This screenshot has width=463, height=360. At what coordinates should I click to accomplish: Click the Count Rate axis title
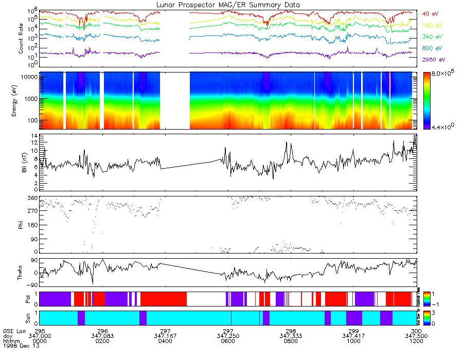tap(21, 39)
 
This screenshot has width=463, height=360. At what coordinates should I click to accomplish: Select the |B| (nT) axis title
tap(21, 163)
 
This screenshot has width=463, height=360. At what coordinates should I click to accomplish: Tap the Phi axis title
tap(21, 225)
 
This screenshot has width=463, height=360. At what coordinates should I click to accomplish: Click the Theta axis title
tap(21, 273)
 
